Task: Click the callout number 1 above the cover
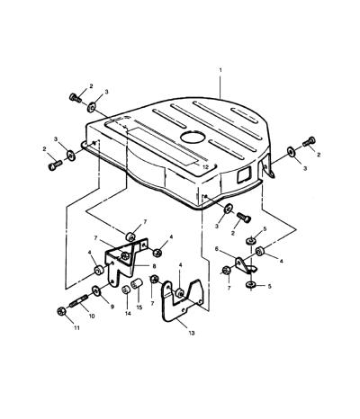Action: (220, 70)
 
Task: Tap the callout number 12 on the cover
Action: (205, 167)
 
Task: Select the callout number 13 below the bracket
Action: (192, 333)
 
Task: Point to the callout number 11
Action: (76, 328)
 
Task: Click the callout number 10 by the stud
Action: (92, 316)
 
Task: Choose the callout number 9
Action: (112, 307)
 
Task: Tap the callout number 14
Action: (128, 313)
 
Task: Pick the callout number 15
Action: (139, 308)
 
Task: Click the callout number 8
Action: (154, 266)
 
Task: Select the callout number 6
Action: (217, 249)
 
